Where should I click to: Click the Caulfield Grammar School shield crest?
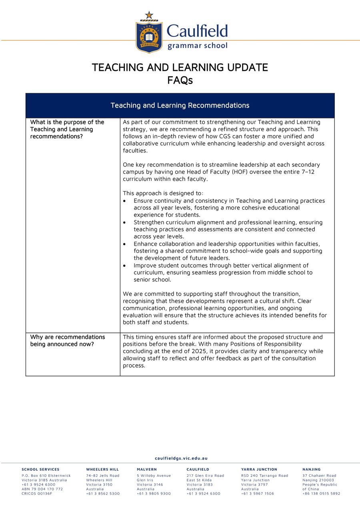pos(149,37)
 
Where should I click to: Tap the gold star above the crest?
pos(149,15)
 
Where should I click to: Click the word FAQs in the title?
pos(180,80)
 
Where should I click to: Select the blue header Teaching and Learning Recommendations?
pos(180,106)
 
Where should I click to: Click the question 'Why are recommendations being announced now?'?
pos(68,340)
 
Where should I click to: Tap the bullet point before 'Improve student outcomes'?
pos(125,266)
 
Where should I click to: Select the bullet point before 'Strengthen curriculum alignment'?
pos(125,222)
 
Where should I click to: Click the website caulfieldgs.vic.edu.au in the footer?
pos(181,458)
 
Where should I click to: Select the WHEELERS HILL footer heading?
pos(102,469)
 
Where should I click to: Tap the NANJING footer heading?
pos(311,469)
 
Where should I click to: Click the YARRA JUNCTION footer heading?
pos(259,469)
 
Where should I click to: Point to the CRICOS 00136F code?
pos(37,494)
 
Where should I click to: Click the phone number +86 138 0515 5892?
pos(321,494)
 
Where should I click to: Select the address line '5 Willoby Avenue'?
pos(154,476)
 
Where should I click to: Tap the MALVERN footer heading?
pos(146,469)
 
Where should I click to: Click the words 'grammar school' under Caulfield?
pos(197,46)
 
